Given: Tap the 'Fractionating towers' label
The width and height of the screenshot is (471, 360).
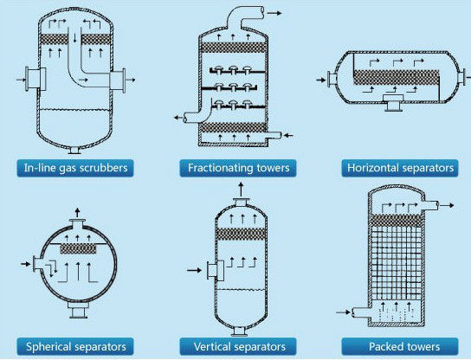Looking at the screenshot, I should [235, 167].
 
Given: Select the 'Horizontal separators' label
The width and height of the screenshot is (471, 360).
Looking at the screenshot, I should [398, 167].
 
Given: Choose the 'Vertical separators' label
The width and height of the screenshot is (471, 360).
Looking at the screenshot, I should [235, 347].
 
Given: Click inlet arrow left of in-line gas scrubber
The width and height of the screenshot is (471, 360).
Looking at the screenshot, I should [21, 81].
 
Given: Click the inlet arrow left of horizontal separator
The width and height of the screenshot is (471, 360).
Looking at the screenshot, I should [319, 80].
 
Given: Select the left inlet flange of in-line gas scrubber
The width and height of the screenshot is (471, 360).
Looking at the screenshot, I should [35, 80].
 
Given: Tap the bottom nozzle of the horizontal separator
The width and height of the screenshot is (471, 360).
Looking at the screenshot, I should [395, 106].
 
